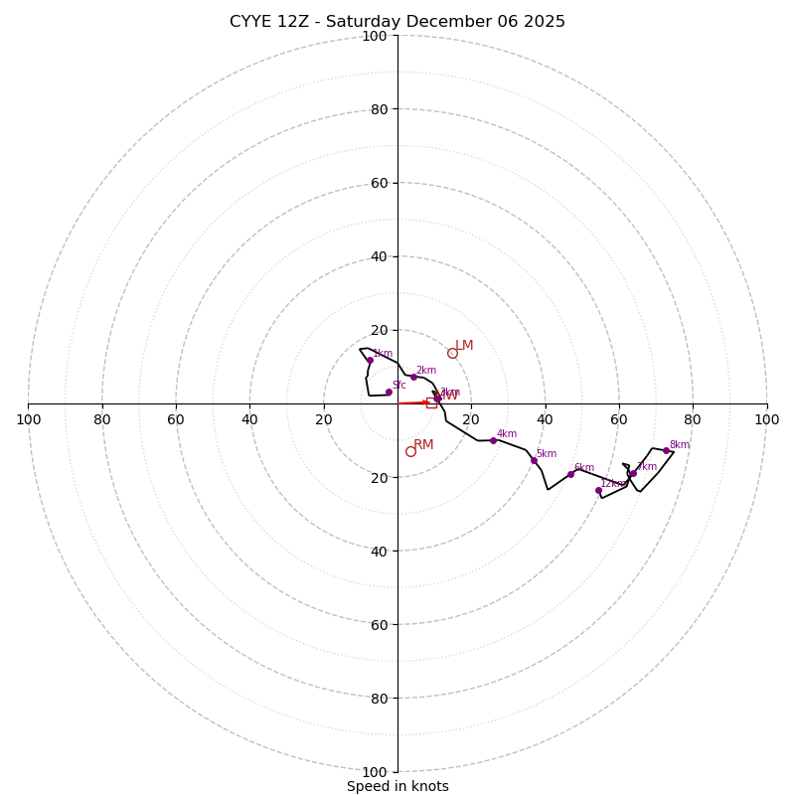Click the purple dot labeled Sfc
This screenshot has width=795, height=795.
tap(389, 392)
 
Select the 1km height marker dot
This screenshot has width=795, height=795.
tap(370, 360)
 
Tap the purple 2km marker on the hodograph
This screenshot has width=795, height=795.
tap(413, 377)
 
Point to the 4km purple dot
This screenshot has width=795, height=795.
tap(493, 440)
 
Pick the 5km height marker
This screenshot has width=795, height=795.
tap(534, 460)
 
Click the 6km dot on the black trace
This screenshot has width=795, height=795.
tap(570, 474)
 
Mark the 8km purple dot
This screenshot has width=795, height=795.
tap(666, 451)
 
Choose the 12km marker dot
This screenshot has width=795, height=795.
tap(598, 490)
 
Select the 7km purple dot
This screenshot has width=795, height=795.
tap(633, 473)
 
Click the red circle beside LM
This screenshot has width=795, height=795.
tap(452, 353)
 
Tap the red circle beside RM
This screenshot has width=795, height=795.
tap(410, 451)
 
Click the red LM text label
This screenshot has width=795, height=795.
tap(464, 346)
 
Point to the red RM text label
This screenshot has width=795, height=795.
tap(423, 445)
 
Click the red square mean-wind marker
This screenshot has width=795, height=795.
tap(431, 402)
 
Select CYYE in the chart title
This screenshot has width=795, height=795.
tap(251, 22)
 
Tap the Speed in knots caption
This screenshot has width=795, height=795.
tap(397, 786)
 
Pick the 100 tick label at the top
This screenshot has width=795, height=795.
tap(375, 36)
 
